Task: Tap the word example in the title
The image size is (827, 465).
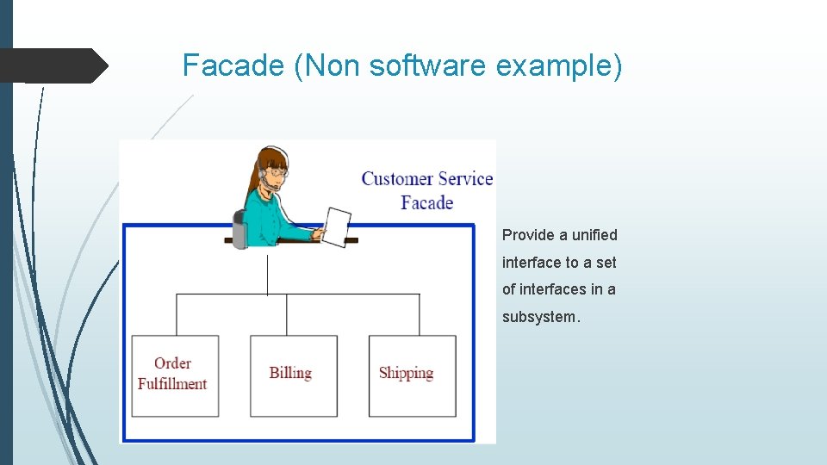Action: [x=557, y=65]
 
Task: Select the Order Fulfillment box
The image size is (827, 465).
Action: [x=174, y=375]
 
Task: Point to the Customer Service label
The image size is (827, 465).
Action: [x=426, y=179]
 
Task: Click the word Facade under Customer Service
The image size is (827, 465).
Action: [x=426, y=203]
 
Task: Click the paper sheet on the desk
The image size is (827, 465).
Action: [x=336, y=226]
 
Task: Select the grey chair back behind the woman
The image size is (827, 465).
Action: [x=239, y=228]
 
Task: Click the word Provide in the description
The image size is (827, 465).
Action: [x=527, y=235]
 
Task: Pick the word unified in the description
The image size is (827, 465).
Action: [x=594, y=235]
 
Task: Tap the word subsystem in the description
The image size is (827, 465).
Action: [x=541, y=317]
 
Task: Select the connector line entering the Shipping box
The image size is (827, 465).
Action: [x=420, y=315]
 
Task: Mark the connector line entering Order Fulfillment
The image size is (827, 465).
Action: [x=177, y=315]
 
